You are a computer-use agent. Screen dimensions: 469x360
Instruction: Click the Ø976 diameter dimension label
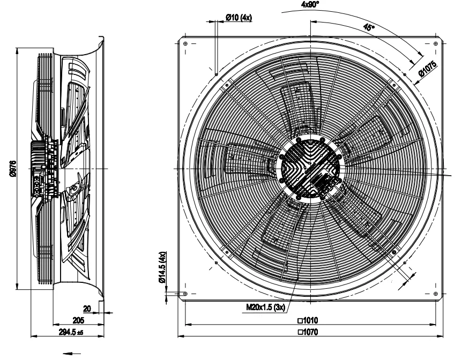pos(13,169)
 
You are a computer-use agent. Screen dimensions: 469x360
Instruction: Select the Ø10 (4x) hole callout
pos(239,18)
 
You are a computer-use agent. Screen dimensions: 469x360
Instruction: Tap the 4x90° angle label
pos(310,4)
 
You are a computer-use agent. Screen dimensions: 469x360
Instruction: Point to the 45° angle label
pos(369,27)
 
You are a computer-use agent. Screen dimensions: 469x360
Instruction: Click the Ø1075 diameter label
pos(428,69)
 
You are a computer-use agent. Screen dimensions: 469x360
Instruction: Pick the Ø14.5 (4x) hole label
pos(162,267)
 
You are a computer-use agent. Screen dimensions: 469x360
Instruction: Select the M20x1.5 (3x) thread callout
pos(265,307)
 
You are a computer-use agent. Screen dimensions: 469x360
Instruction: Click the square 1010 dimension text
pos(308,320)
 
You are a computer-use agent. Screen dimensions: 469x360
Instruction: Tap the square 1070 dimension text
pos(308,332)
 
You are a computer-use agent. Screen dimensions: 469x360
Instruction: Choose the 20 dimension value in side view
pos(87,308)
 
